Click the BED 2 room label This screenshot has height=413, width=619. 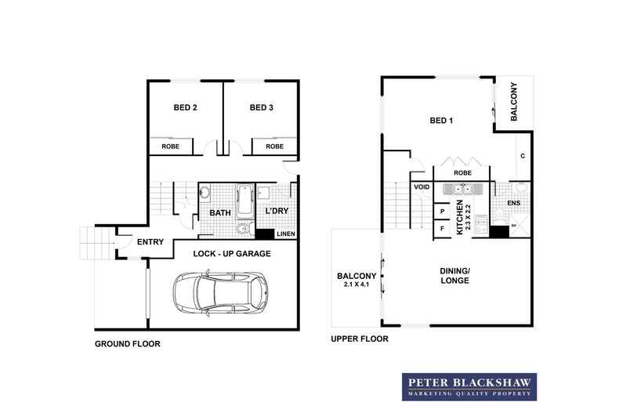[184, 108]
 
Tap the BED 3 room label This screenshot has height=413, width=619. [262, 108]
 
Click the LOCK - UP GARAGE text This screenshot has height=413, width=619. [233, 254]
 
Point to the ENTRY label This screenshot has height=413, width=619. [150, 242]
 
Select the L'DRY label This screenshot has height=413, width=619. [277, 212]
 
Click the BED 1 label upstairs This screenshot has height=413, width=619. [443, 121]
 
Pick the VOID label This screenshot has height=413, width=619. [422, 188]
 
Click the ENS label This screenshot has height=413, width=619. [514, 204]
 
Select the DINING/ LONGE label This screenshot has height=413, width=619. [454, 275]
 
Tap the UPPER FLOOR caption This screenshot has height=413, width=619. [360, 339]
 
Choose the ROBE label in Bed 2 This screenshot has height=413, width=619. [171, 147]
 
